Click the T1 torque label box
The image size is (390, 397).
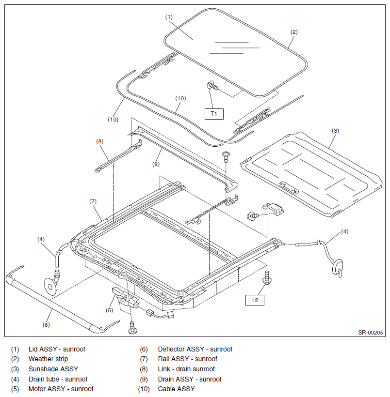(214, 114)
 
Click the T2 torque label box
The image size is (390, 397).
(255, 300)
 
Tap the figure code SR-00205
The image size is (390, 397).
(371, 333)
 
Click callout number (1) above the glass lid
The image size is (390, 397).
(169, 17)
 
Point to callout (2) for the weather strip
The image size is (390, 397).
(294, 32)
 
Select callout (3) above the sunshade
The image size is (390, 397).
(335, 131)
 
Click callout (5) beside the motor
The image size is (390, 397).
(109, 310)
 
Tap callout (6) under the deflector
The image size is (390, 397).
(46, 325)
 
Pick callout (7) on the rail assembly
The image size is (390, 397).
(93, 201)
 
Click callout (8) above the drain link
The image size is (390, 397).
(100, 141)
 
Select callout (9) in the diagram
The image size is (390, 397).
(156, 164)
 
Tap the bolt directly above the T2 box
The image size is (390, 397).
(267, 277)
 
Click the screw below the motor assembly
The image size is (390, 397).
(133, 328)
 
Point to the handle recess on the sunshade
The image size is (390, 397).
(289, 188)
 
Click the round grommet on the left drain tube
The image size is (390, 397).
(51, 286)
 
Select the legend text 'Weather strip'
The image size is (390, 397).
(48, 359)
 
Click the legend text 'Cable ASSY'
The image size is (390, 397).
(177, 389)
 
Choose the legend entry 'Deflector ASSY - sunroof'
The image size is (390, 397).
(195, 350)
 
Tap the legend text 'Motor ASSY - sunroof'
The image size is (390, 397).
(61, 389)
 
